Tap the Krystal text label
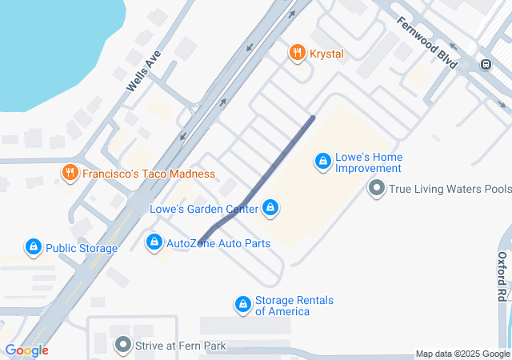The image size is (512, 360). (x=328, y=54)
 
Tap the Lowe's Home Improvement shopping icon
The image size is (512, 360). (x=323, y=162)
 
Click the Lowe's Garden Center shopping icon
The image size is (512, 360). (x=271, y=210)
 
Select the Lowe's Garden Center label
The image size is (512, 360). (x=204, y=210)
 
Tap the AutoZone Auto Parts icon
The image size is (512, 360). (x=154, y=242)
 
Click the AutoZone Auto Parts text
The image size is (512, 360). (x=218, y=242)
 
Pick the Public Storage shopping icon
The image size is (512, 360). (x=34, y=247)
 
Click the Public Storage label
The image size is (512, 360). (x=82, y=248)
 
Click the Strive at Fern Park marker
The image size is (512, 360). (x=122, y=346)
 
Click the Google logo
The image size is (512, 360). (x=26, y=350)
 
